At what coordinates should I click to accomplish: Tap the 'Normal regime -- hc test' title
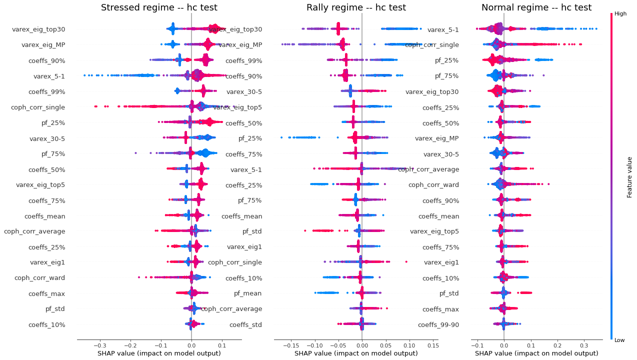coord(536,7)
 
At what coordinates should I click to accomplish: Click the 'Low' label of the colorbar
coord(619,340)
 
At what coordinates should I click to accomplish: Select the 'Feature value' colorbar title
coord(629,176)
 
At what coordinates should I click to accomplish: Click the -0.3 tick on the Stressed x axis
coord(100,345)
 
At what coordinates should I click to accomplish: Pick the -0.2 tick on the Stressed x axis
coord(130,345)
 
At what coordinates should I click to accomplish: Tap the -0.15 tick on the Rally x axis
coord(291,345)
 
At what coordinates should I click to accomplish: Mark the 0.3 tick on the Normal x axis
coord(583,345)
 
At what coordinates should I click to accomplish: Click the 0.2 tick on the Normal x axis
coord(557,345)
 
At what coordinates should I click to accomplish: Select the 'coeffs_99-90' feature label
coord(438,324)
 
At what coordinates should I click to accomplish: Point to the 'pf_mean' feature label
coord(248,293)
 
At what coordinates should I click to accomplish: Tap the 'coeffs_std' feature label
coord(245,324)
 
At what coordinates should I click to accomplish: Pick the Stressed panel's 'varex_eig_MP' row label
coord(43,45)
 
